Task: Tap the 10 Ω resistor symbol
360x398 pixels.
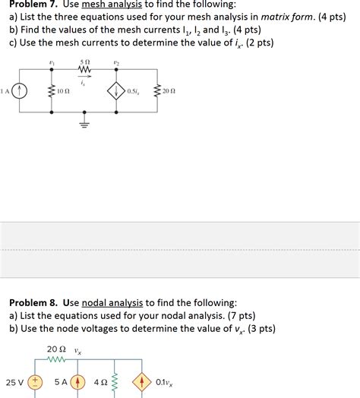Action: point(51,91)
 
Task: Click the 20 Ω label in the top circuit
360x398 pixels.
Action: point(168,91)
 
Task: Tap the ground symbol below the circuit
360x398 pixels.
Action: point(85,122)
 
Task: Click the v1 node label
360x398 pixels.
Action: point(51,63)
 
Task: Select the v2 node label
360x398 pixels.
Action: point(116,63)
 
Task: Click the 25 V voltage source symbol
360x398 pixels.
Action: point(33,383)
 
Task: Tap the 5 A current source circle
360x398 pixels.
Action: point(77,383)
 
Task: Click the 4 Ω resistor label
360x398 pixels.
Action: point(99,383)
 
